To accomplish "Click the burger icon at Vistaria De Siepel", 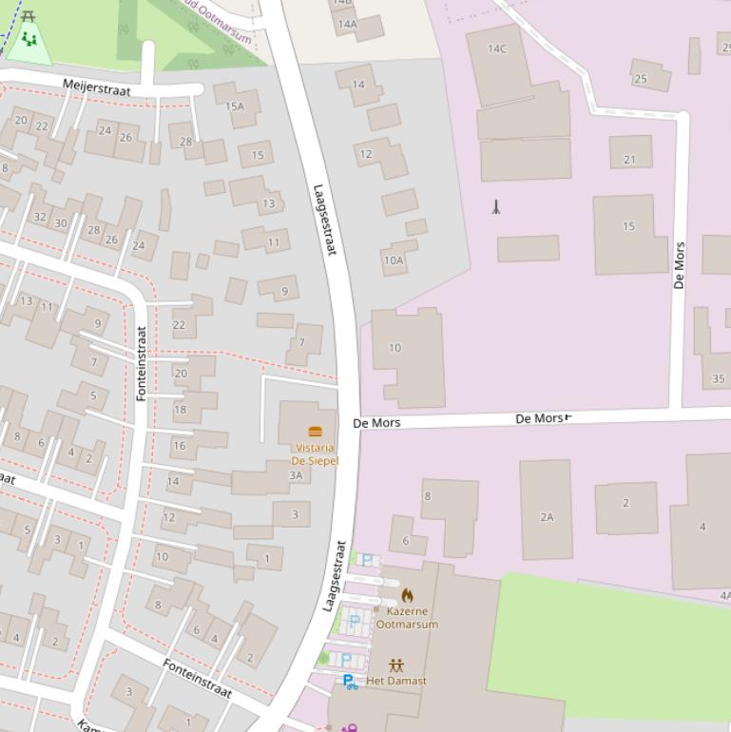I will click(316, 432).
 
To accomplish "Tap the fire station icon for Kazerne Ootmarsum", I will click(408, 596).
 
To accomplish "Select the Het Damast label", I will click(396, 681).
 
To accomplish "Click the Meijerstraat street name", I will click(96, 87).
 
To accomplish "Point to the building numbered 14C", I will click(497, 48).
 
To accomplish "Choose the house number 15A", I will click(235, 106).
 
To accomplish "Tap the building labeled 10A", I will click(394, 260).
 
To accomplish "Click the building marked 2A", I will click(547, 517).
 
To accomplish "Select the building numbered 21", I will click(629, 160).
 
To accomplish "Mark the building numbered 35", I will click(719, 378).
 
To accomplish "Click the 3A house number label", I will click(296, 475).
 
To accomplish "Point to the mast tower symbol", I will click(495, 206).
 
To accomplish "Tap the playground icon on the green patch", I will click(29, 41).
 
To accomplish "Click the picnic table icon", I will click(29, 16).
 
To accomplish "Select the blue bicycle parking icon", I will click(350, 682).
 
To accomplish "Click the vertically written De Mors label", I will click(679, 265).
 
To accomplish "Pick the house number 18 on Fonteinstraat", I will click(180, 410).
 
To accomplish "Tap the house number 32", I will click(39, 217).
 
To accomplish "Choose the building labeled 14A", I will click(347, 24).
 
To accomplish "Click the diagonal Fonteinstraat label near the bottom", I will click(197, 678).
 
